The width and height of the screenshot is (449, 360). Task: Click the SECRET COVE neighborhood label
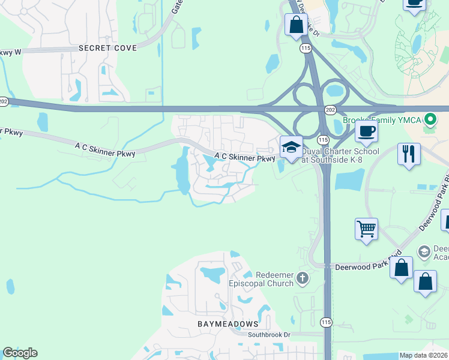pos(107,48)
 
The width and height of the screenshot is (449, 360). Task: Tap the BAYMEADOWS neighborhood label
pos(227,323)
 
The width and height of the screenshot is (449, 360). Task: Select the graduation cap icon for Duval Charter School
pos(291,147)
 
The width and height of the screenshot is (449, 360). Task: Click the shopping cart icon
pos(366,229)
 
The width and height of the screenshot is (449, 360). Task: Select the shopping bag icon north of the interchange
pos(296,25)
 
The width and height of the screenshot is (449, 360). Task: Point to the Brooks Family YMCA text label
pos(382,120)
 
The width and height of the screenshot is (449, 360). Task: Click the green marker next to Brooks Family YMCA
pos(430,119)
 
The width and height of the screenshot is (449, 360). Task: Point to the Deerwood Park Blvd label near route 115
pos(367,264)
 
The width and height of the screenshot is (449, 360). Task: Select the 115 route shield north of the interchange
pos(307,47)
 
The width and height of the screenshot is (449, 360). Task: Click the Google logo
pos(20,353)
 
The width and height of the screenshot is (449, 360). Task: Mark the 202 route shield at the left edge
pos(4,102)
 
